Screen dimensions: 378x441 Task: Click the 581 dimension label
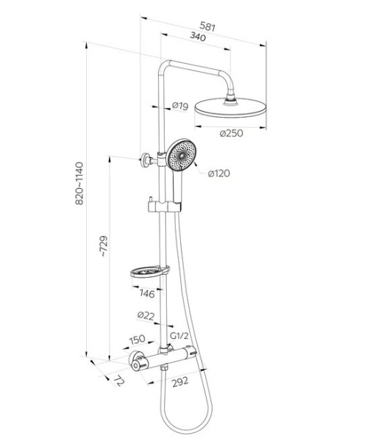pos(207,26)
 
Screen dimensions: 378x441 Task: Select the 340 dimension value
pos(198,36)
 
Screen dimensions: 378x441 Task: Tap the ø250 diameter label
pos(231,133)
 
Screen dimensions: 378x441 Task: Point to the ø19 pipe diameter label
pos(180,106)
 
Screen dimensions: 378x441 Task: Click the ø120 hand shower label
pos(219,173)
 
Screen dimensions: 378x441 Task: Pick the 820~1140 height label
pos(79,183)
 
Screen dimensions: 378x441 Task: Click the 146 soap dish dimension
pos(147,293)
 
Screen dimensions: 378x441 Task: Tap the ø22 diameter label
pos(146,316)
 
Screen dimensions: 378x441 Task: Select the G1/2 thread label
pos(179,336)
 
